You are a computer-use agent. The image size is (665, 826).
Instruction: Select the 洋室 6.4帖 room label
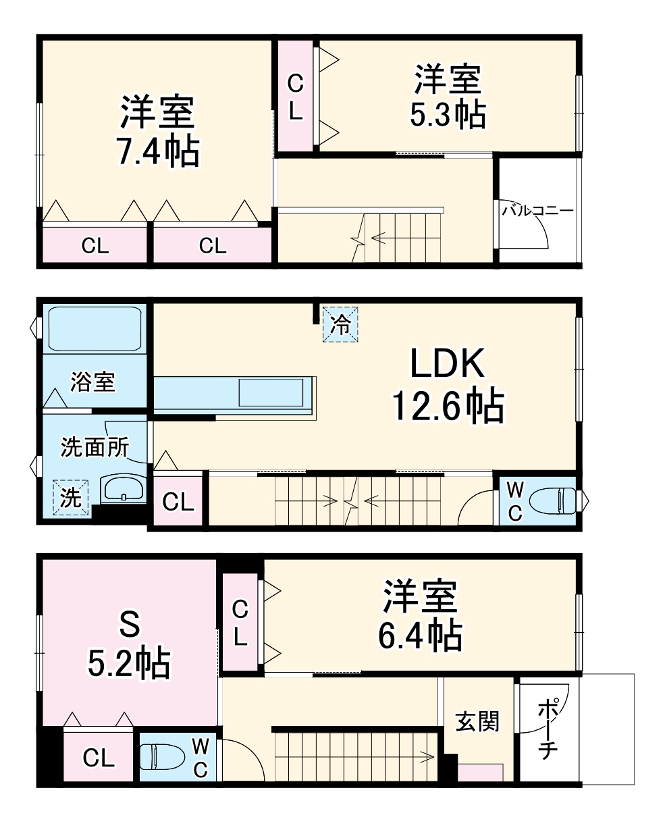[420, 615]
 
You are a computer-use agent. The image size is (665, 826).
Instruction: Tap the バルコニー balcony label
[537, 211]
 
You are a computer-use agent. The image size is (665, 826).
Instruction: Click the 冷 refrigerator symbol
[341, 325]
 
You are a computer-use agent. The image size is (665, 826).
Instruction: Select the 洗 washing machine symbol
[72, 498]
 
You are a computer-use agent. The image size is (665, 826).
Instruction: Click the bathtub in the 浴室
[93, 328]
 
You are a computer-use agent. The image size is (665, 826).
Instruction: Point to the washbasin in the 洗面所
[124, 488]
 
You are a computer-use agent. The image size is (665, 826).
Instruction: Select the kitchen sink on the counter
[271, 392]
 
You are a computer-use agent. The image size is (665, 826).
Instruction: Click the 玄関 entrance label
[477, 721]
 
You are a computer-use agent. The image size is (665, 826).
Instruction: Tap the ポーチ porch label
[547, 731]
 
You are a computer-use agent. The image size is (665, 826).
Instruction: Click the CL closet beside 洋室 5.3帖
[296, 97]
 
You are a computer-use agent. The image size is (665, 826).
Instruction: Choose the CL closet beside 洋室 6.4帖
[240, 623]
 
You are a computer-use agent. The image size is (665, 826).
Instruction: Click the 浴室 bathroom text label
[93, 382]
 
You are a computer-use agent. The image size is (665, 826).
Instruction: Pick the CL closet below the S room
[99, 758]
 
